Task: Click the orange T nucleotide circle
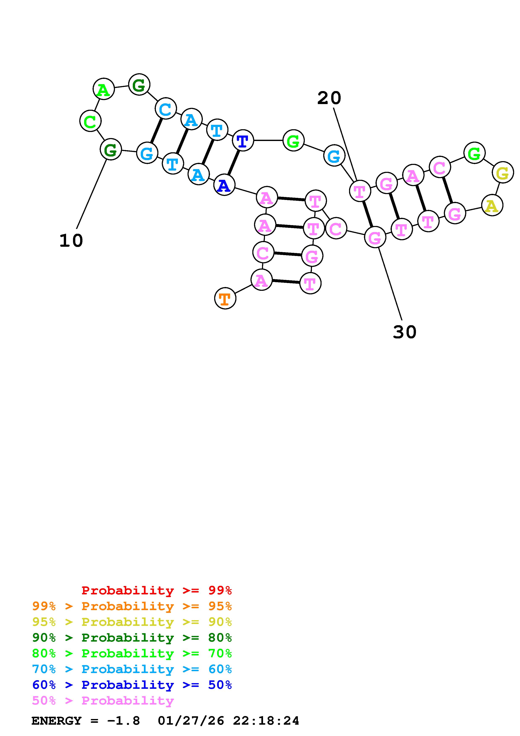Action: pos(225,298)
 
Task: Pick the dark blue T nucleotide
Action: pos(242,140)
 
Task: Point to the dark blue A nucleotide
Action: pos(224,185)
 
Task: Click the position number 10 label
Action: pos(71,240)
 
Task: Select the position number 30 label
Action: pos(404,332)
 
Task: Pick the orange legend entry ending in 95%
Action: pos(132,606)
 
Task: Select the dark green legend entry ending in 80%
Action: pos(132,638)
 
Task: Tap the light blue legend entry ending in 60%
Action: pos(132,669)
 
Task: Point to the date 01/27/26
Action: pos(191,721)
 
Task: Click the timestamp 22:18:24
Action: pos(266,721)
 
